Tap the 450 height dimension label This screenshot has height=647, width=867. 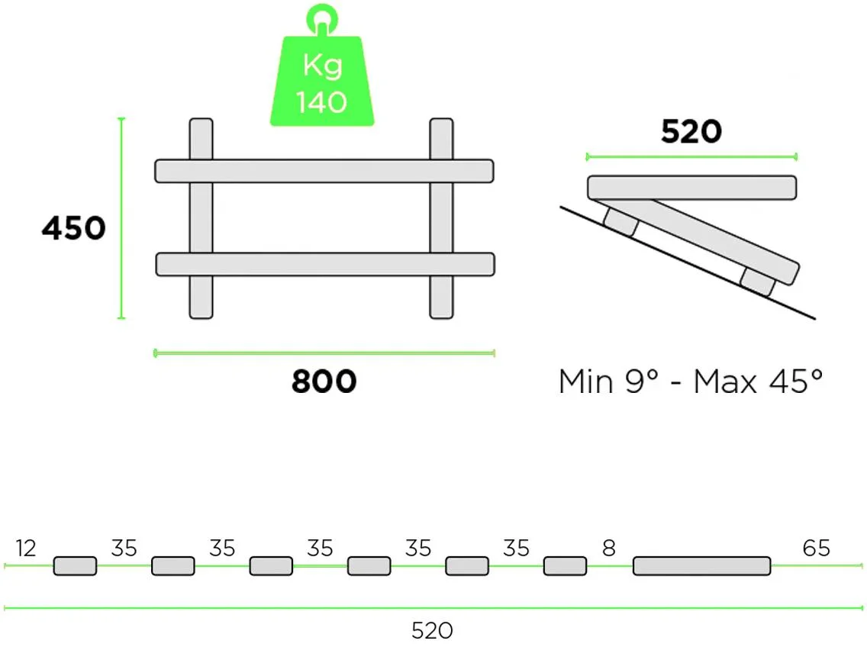[x=73, y=228]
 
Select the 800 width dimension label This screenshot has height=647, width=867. [x=324, y=381]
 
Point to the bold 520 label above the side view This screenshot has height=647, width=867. [x=691, y=133]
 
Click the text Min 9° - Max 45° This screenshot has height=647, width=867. [x=691, y=381]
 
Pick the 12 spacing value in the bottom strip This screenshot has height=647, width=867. [x=26, y=548]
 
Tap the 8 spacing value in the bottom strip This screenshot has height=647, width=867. [x=608, y=548]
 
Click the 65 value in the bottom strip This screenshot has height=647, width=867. [x=816, y=548]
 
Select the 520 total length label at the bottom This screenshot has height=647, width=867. [x=432, y=630]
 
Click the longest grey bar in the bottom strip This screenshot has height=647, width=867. [x=701, y=566]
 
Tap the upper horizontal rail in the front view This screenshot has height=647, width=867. [x=324, y=171]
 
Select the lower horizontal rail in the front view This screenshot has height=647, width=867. [x=325, y=264]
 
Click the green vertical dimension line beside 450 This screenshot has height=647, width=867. [x=121, y=218]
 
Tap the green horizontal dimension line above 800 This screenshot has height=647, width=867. [x=324, y=352]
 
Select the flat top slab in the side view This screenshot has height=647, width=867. [x=691, y=187]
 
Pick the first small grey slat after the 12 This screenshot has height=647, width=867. [x=75, y=566]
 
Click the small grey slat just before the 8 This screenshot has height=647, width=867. [x=565, y=566]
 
